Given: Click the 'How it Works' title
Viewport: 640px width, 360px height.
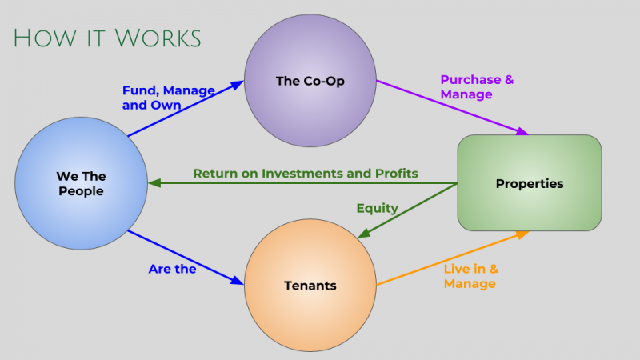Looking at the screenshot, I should tap(106, 38).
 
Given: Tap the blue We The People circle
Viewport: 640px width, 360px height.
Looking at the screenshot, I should tap(81, 183).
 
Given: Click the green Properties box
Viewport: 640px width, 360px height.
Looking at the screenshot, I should tap(529, 183).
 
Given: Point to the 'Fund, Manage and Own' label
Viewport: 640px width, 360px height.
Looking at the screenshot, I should tap(168, 98).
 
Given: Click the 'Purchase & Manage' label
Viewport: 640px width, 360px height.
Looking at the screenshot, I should tap(477, 87).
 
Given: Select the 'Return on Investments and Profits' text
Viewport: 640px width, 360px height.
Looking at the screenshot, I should tap(306, 174).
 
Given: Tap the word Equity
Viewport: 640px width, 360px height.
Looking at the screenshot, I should tap(377, 208).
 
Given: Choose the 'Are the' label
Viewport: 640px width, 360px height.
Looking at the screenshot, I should tap(172, 269).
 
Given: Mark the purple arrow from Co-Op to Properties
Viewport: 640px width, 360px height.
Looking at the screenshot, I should tap(452, 107).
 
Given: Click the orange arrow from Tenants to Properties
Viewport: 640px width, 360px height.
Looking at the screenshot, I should tap(452, 258).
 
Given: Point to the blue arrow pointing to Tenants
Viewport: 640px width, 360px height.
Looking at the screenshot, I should tap(184, 258).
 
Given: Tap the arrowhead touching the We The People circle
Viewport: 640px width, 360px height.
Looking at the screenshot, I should tap(154, 183).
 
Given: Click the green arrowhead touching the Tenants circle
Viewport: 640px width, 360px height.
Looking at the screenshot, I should tap(362, 234).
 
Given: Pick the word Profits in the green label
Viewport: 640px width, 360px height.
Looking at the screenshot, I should tap(396, 174).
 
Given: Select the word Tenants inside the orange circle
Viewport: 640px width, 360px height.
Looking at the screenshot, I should tap(310, 286).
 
